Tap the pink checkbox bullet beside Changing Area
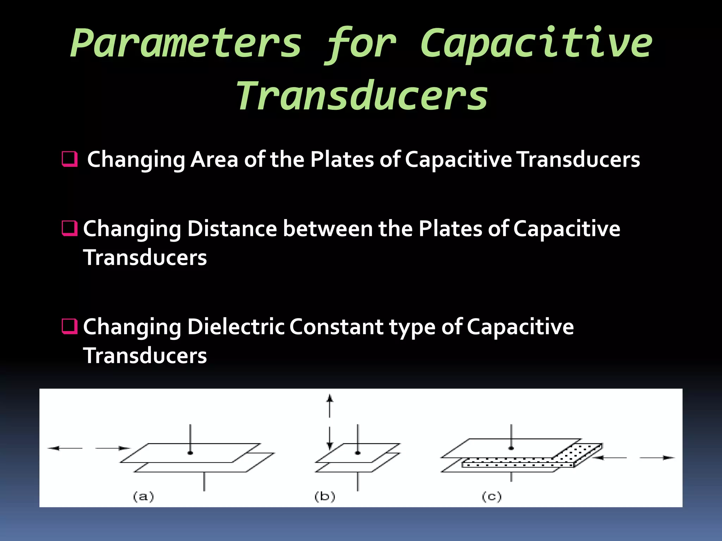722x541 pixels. click(69, 159)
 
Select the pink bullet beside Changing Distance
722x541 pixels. click(69, 228)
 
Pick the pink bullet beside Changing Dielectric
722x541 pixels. click(69, 326)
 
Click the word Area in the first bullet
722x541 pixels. click(214, 160)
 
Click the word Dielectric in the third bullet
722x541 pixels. click(236, 327)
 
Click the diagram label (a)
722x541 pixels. click(143, 497)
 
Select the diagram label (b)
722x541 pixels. click(325, 497)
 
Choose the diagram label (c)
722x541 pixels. click(491, 497)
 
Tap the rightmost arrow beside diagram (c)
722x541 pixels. click(657, 458)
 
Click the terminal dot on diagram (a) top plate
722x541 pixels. click(190, 453)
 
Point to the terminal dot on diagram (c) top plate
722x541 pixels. click(511, 448)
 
